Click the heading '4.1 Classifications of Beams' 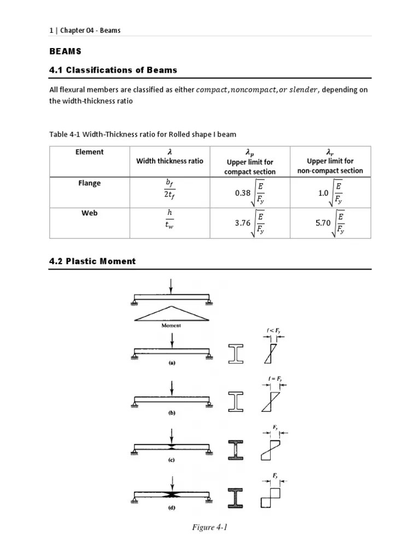point(113,70)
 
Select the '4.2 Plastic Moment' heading point(92,261)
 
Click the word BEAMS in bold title point(65,51)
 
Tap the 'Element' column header point(89,152)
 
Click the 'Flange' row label point(89,183)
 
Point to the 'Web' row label point(89,213)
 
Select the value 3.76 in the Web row point(241,223)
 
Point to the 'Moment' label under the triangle point(171,325)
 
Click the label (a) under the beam point(171,362)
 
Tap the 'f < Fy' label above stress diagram point(274,331)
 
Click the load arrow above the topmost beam point(172,286)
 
